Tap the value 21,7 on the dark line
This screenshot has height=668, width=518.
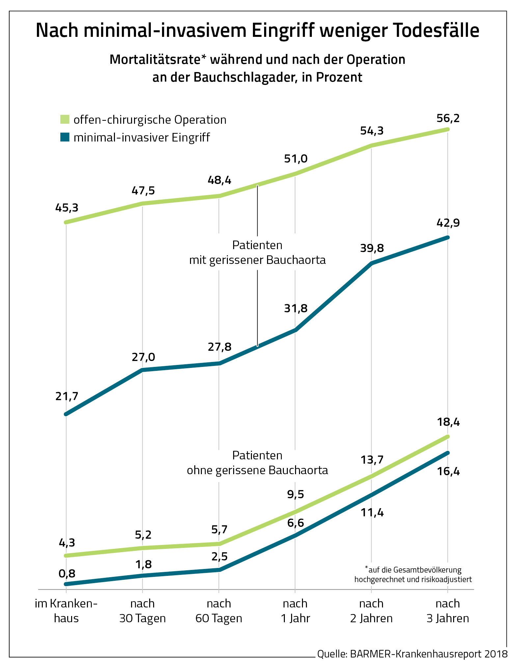[x=67, y=397]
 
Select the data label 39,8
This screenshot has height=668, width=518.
[x=372, y=248]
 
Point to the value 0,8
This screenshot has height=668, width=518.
[x=67, y=574]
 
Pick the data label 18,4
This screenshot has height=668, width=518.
[x=448, y=422]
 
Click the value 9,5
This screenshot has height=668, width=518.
[x=295, y=494]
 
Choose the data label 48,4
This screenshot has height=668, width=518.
[x=219, y=180]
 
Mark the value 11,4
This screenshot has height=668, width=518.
[x=372, y=513]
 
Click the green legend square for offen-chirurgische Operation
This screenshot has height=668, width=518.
[x=65, y=119]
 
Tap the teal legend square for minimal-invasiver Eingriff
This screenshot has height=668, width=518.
[x=65, y=137]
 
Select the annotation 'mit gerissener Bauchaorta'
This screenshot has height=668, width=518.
[x=257, y=260]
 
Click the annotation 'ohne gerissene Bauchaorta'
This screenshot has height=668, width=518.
[x=257, y=470]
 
